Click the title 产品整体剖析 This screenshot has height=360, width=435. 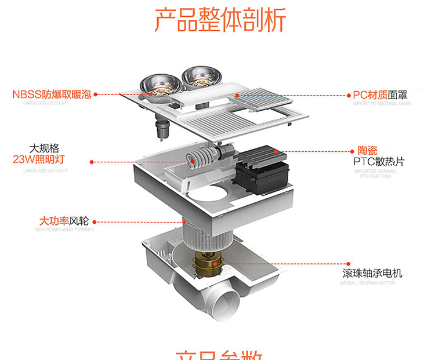220,21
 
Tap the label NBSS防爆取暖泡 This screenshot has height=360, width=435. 52,94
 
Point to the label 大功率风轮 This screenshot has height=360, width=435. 63,221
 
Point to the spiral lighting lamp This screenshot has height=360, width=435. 197,159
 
